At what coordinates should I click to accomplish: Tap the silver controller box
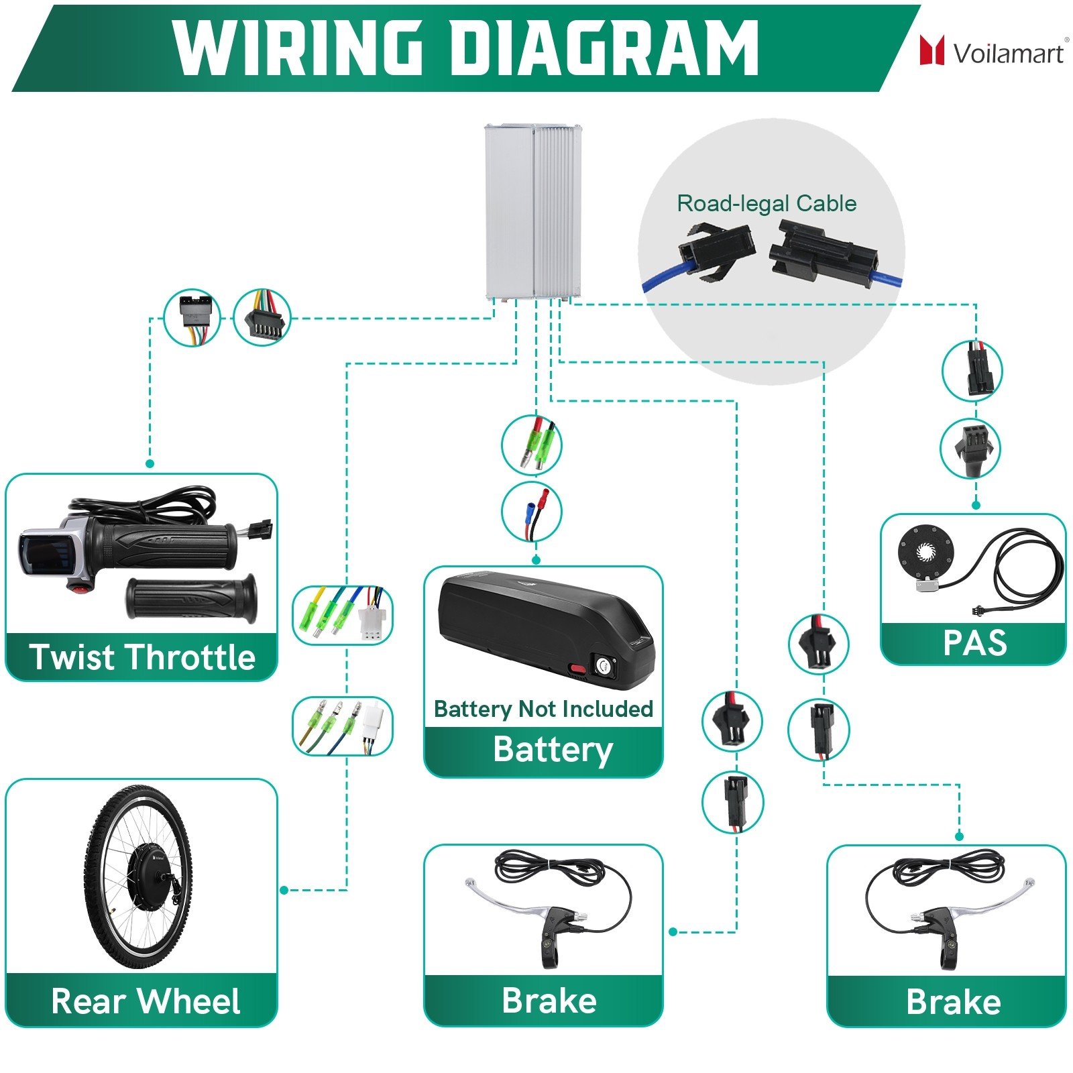533,211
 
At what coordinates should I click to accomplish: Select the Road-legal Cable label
767,203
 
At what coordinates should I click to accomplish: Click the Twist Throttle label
142,657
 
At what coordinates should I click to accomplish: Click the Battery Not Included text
543,709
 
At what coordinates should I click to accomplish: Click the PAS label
975,642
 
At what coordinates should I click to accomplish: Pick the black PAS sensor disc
925,553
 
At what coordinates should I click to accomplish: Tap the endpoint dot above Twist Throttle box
150,463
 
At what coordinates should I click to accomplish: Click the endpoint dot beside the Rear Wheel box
284,890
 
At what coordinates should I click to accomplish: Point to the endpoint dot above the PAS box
976,505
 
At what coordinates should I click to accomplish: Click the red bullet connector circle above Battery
532,511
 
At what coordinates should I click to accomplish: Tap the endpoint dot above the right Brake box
959,836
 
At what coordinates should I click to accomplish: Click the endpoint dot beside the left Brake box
673,931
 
